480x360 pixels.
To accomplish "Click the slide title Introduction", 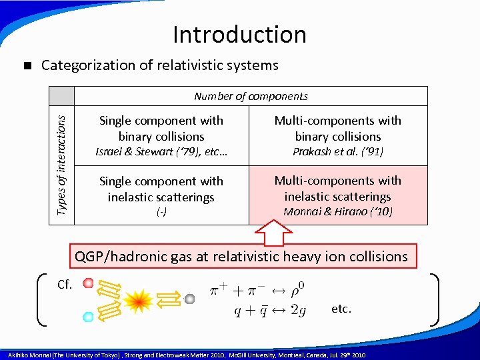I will [x=239, y=34].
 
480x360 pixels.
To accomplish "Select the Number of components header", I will [x=251, y=96].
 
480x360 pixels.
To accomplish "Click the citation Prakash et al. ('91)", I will [x=338, y=151].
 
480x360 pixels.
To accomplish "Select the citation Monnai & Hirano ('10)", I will [x=338, y=211].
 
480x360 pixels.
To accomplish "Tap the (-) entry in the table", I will [x=161, y=212].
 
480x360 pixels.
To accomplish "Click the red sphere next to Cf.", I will [x=88, y=284].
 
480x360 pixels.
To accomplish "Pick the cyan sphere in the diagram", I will [x=88, y=317].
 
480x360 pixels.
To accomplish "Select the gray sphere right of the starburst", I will [x=189, y=299].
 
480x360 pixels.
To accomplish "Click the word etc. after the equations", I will [x=341, y=309].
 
